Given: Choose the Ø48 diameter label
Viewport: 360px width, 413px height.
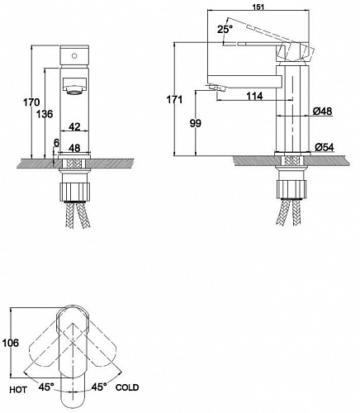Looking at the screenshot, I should pyautogui.click(x=322, y=112).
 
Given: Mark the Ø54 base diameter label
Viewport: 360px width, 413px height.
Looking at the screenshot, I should pyautogui.click(x=323, y=147).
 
